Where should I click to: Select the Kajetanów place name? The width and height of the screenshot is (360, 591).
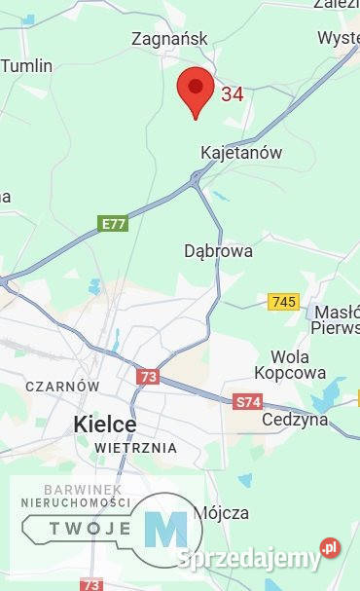coord(240,153)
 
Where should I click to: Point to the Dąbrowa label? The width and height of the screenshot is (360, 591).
coord(218,250)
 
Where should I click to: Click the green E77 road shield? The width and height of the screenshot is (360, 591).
coord(114,224)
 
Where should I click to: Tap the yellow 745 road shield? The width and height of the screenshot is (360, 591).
coord(283,302)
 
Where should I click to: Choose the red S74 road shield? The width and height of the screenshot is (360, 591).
coord(247,401)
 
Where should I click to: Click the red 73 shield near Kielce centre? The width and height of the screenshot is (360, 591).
coord(147,377)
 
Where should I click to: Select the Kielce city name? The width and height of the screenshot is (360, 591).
coord(105,425)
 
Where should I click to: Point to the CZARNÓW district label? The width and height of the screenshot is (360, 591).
coord(62,387)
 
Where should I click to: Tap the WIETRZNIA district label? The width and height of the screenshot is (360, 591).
coord(135,448)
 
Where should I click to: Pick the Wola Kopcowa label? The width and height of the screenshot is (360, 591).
coord(290,364)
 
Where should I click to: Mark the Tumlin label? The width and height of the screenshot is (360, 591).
coord(26,66)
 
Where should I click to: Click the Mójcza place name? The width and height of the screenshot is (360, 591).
coord(221,512)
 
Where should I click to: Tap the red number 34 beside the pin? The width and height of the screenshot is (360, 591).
coord(233,94)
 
